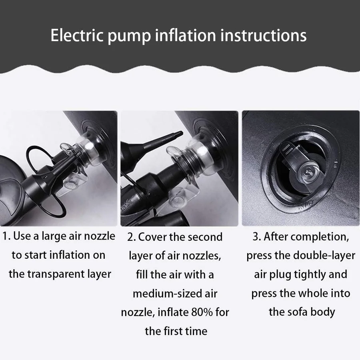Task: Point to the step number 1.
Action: click(x=6, y=236)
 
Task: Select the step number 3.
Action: click(x=257, y=237)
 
